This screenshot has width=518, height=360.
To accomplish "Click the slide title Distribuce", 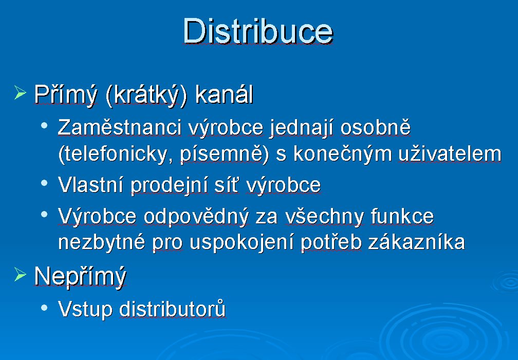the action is [258, 31].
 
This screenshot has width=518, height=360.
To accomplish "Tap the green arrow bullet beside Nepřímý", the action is [20, 274].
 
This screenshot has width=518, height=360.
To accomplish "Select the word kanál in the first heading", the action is [224, 94].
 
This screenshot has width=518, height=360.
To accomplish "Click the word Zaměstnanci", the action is [120, 127].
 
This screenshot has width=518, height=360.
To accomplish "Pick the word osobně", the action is [376, 127].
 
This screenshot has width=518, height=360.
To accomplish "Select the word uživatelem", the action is [450, 154].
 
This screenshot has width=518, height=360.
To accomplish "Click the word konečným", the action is [343, 154].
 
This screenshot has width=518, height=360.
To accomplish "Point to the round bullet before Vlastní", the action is [44, 183].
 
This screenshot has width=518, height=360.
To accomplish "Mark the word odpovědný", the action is [196, 217].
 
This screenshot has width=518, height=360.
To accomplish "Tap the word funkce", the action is [402, 216].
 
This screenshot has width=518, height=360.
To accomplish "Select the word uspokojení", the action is [242, 243].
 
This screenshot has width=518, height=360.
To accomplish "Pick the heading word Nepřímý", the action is [80, 277].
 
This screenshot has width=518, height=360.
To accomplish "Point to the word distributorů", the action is [172, 309].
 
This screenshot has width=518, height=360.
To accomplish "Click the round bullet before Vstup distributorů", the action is [44, 308].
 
